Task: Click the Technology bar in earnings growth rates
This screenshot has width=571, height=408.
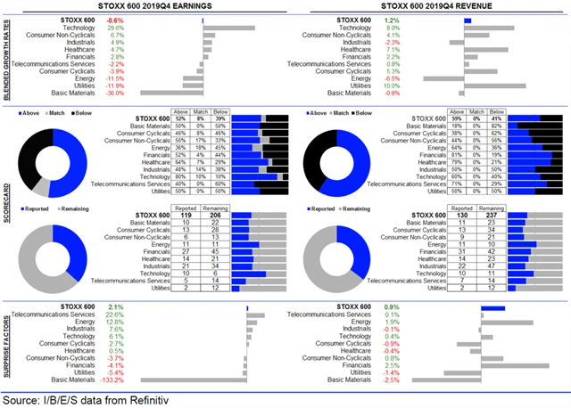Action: click(229, 28)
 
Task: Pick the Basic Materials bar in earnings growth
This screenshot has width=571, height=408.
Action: click(172, 93)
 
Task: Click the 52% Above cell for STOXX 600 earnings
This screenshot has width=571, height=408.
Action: click(181, 118)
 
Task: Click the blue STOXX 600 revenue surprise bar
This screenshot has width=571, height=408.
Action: click(493, 307)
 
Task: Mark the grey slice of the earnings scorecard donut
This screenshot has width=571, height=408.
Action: click(42, 186)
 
